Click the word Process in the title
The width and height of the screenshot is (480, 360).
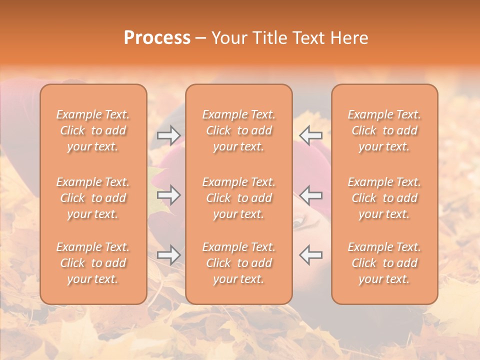click(x=157, y=38)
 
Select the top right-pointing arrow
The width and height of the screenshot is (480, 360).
click(x=168, y=135)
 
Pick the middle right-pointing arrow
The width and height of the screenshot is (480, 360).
click(x=168, y=194)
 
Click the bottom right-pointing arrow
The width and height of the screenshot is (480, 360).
click(x=168, y=254)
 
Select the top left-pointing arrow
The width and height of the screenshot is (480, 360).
click(x=311, y=135)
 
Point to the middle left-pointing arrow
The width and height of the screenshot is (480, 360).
click(x=311, y=194)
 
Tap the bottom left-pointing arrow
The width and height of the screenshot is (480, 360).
click(x=311, y=254)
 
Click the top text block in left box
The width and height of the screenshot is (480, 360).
click(x=93, y=130)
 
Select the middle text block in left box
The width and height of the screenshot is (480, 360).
click(x=93, y=198)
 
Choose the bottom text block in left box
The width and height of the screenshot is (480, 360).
click(x=93, y=263)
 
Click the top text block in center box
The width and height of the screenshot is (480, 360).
click(x=239, y=130)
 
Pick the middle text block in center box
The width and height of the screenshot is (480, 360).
click(x=239, y=198)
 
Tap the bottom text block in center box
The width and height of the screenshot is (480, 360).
click(x=239, y=263)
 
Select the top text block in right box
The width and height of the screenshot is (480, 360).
click(x=384, y=130)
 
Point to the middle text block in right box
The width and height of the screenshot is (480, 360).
click(x=384, y=198)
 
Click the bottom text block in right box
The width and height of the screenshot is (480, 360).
click(x=384, y=263)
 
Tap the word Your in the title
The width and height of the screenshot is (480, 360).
click(x=228, y=38)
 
